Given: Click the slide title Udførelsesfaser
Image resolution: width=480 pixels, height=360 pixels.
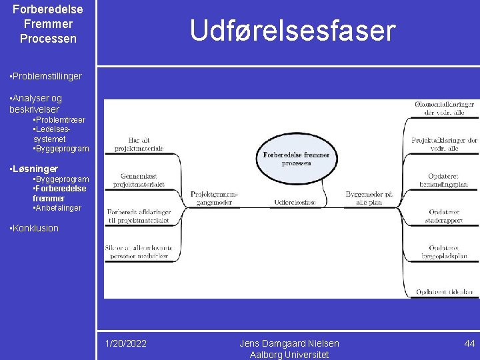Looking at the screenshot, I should point(292,31).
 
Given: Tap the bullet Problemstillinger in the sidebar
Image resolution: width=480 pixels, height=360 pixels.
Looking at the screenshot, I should point(45,76).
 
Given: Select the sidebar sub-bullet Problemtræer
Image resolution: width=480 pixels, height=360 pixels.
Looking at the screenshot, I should point(59,120).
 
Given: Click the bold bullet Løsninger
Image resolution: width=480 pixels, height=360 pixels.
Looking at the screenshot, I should point(34,169).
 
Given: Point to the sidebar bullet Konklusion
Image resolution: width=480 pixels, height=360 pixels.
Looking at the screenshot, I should point(35,228).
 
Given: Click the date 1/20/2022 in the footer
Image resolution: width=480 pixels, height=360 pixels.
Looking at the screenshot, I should point(126,343).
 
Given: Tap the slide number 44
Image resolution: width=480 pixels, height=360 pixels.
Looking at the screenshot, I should point(469,343).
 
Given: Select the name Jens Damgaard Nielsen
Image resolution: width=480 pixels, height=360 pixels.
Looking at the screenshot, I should point(289,343).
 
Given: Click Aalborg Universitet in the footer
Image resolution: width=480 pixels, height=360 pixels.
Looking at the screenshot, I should point(289,355).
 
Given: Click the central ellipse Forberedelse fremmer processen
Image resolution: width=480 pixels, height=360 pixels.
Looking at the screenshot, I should point(296,159).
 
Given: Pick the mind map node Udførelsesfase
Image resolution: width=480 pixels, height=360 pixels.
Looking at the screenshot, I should point(295,202).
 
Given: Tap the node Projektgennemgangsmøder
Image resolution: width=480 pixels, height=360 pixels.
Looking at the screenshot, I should point(214,198).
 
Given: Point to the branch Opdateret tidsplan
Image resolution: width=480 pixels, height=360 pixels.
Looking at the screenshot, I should point(445,292).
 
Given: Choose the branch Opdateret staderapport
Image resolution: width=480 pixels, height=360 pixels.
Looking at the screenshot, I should point(445,216).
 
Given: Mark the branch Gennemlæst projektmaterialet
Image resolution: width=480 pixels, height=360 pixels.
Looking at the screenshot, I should point(139,180).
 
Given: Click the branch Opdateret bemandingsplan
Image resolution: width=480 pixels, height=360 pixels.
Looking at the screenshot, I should point(445,180).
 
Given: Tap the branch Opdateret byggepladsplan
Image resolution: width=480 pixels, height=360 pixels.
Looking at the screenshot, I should point(445,252).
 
